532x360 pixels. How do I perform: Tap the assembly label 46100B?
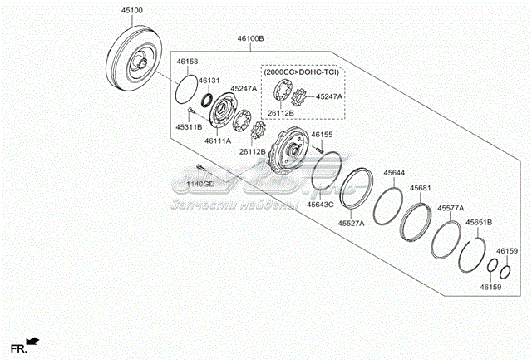pyautogui.click(x=250, y=39)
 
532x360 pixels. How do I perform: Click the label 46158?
pyautogui.click(x=188, y=62)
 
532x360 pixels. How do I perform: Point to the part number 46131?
pyautogui.click(x=209, y=81)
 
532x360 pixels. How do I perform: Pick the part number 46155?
pyautogui.click(x=323, y=134)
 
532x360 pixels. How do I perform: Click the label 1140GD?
pyautogui.click(x=199, y=183)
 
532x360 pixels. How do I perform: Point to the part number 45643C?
pyautogui.click(x=319, y=205)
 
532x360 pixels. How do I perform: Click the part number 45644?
pyautogui.click(x=395, y=173)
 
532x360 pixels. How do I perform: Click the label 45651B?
pyautogui.click(x=479, y=222)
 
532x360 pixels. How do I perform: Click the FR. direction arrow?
pyautogui.click(x=33, y=340)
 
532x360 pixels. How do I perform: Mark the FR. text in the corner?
pyautogui.click(x=17, y=347)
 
